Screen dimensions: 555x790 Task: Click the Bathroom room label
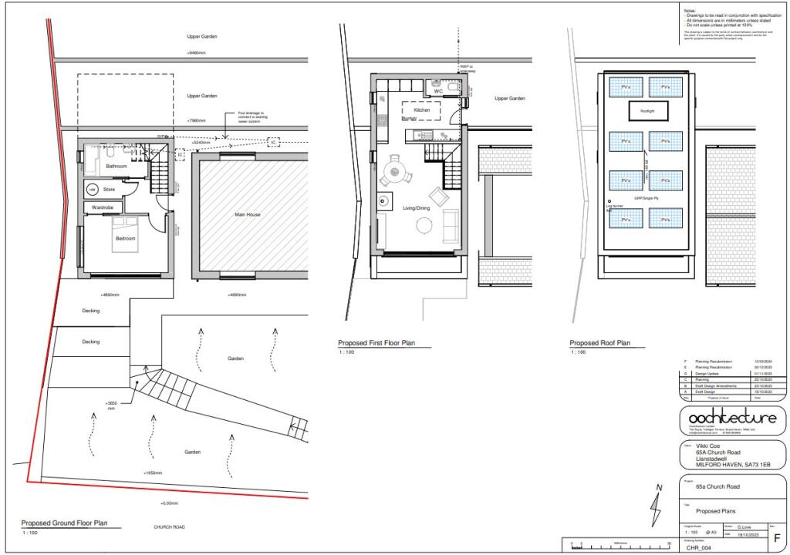click(x=116, y=166)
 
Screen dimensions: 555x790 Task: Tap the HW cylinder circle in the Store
click(x=92, y=189)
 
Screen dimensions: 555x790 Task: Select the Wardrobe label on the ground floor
click(x=104, y=207)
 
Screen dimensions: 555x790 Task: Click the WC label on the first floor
click(x=438, y=91)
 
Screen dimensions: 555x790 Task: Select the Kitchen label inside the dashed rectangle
click(x=422, y=111)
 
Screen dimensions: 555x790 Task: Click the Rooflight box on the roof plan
click(x=646, y=112)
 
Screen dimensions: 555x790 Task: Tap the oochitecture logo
click(x=732, y=419)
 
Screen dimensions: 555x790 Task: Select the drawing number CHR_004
click(x=698, y=549)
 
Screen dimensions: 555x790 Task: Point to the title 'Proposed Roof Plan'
click(x=599, y=343)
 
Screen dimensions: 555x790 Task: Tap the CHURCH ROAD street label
click(x=170, y=527)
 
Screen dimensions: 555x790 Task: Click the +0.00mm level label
click(x=168, y=503)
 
